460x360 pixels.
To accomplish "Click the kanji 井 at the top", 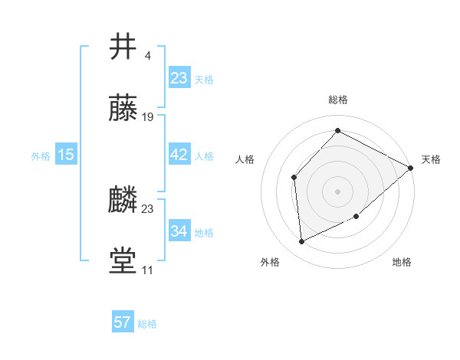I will (x=123, y=47).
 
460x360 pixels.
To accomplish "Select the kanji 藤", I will (x=123, y=108).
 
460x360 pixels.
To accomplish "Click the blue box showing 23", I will (x=179, y=78).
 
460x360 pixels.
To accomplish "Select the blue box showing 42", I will (x=179, y=155).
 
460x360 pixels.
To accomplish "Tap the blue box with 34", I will (x=179, y=231).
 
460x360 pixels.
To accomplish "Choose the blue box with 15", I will (x=66, y=155).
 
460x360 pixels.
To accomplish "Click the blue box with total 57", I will (x=123, y=322).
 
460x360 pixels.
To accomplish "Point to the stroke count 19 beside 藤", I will (x=148, y=117).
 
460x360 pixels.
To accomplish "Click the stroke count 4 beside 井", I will (x=147, y=55).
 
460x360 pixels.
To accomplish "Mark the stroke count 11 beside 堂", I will (x=147, y=270).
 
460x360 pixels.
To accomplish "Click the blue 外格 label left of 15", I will (x=41, y=156).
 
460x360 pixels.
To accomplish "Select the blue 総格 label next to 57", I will (x=147, y=324).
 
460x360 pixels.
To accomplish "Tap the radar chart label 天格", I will (x=431, y=159).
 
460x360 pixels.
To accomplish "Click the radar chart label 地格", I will (x=402, y=263).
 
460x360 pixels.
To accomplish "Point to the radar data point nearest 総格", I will (x=337, y=130).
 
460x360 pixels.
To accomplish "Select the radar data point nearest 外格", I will (x=301, y=242).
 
